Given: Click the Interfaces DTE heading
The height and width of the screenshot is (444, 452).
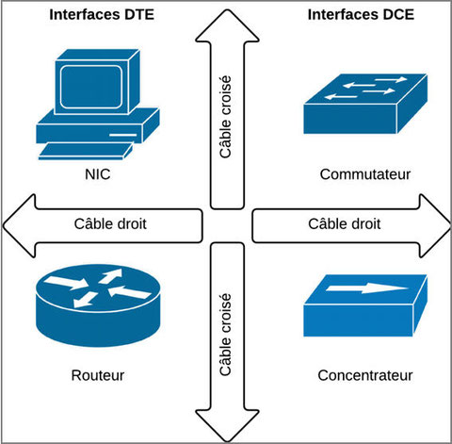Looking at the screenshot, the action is (102, 15).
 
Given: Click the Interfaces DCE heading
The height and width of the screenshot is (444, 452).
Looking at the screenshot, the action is (361, 15).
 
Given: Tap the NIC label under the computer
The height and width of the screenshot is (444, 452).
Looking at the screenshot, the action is (98, 174).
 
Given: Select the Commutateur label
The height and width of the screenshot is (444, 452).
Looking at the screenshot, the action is (365, 174).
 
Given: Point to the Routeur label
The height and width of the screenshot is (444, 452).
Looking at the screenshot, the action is (98, 375).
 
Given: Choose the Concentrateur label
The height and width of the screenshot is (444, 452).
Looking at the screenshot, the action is (365, 375).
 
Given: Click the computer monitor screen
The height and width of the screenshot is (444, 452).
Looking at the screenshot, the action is (91, 87).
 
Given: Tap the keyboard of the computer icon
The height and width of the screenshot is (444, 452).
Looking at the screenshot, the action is (86, 151).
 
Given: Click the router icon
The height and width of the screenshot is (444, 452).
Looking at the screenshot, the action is (98, 305).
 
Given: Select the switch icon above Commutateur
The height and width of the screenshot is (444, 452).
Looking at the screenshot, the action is (365, 104).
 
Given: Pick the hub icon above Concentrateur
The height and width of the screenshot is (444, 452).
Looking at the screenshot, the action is (365, 305).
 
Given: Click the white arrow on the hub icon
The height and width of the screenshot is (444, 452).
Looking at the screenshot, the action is (367, 288).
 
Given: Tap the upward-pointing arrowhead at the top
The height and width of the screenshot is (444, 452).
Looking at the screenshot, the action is (227, 25).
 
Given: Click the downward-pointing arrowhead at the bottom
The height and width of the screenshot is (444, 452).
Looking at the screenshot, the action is (227, 425).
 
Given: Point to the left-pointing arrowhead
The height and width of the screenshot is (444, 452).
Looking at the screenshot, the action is (20, 225).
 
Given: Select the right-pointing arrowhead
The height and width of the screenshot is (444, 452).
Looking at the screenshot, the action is (435, 225).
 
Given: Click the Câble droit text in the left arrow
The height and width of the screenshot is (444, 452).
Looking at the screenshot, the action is (110, 224).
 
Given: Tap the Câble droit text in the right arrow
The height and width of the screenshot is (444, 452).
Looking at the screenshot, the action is (345, 224).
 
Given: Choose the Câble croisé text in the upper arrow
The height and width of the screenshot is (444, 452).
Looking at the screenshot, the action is (225, 117).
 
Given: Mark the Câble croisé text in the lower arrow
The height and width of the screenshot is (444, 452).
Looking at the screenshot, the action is (225, 335).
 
